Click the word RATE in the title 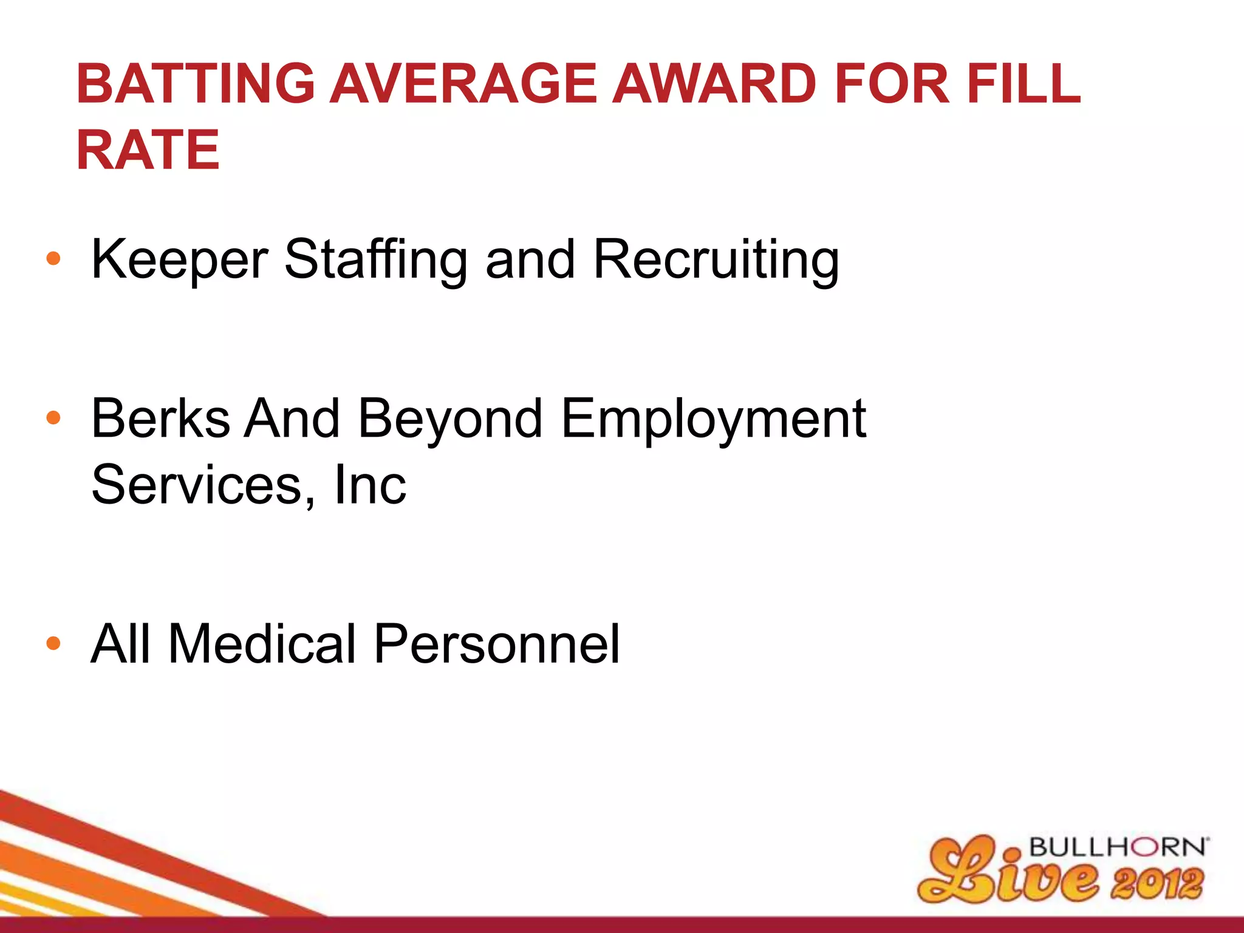point(148,150)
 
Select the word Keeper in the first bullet point(179,260)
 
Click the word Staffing point(376,260)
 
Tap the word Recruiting point(716,260)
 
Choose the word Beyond point(450,419)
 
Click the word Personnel point(496,644)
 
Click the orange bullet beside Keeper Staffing point(53,259)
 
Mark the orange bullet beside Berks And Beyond point(53,418)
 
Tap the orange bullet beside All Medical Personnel point(53,643)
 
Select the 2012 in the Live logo point(1157,883)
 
